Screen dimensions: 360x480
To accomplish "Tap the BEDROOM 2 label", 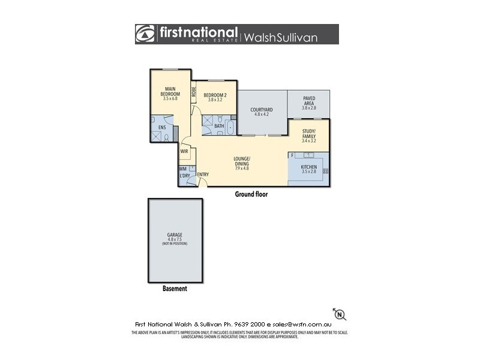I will point(214,95).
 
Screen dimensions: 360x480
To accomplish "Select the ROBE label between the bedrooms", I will point(194,92).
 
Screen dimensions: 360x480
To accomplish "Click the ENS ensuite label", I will point(161,127).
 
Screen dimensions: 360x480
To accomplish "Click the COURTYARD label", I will point(262,110).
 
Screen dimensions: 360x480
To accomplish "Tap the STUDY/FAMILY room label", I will point(309,136).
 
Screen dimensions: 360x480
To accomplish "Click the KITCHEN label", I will point(309,167).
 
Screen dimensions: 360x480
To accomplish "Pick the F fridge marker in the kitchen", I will point(292,155).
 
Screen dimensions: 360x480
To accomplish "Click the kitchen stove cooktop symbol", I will point(325,171).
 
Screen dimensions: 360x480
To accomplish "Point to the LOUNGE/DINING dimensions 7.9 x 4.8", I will point(242,169).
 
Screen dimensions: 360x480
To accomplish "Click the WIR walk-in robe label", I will point(184,151).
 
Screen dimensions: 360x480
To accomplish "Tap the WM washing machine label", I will point(182,169).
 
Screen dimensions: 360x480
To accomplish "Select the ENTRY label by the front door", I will point(203,175).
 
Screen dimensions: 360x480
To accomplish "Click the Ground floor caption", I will point(251,194).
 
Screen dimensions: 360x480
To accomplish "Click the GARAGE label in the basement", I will point(175,235).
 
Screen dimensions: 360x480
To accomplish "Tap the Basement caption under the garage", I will point(175,289).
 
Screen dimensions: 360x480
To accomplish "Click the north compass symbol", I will point(340,314).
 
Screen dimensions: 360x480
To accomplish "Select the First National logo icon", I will point(145,34).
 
